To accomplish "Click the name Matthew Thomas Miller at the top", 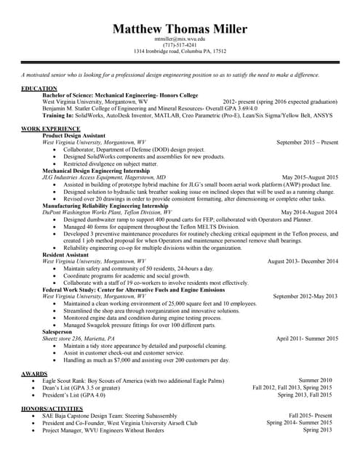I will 180,29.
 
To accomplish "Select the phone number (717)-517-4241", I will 180,45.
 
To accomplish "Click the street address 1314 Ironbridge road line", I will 180,52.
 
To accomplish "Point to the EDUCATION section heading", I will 39,89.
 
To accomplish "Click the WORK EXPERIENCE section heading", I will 51,129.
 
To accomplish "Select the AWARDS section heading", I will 35,373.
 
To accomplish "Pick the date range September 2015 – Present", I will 307,142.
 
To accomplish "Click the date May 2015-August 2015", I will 310,177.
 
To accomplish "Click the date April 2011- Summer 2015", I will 307,339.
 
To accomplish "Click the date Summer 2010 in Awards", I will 315,380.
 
